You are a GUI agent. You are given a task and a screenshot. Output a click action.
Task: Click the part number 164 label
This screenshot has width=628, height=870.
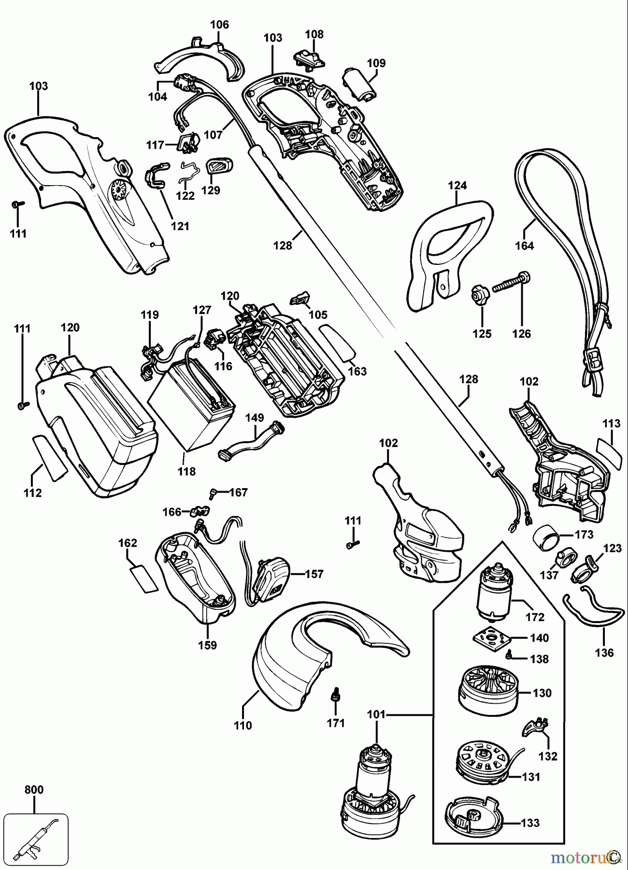point(524,246)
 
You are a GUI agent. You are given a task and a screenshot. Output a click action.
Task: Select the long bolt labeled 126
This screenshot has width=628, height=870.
point(511,283)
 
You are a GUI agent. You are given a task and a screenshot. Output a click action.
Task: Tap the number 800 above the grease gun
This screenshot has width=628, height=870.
point(34,789)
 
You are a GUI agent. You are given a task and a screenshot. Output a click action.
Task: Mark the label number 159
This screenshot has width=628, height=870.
point(207,645)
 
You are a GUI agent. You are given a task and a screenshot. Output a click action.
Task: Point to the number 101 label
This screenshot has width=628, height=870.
point(376,714)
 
